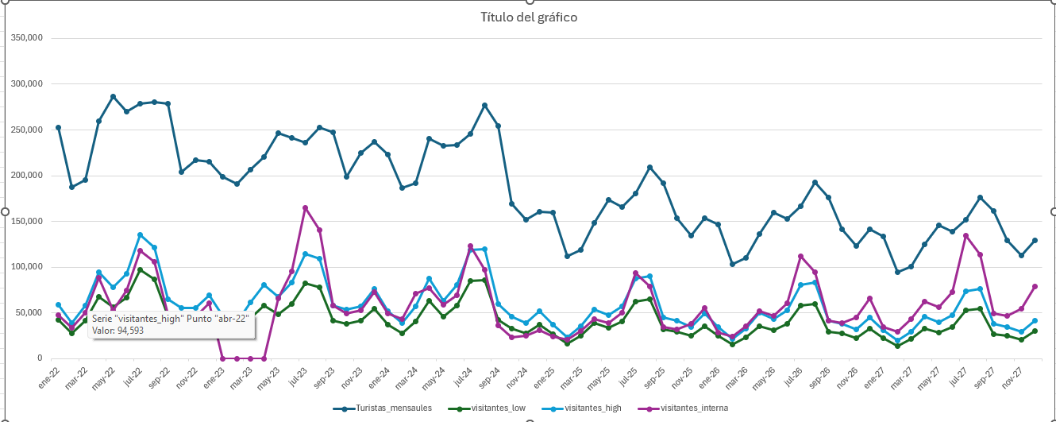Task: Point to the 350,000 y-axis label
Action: (26, 37)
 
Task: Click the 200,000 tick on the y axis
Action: (26, 176)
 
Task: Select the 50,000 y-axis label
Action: (29, 312)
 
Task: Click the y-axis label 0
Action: (38, 358)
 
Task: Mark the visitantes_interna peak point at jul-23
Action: (305, 208)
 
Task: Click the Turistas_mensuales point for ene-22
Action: (58, 127)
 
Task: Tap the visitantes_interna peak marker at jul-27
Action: (966, 235)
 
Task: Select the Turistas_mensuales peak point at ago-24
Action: (484, 105)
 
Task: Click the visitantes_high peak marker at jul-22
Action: (141, 235)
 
